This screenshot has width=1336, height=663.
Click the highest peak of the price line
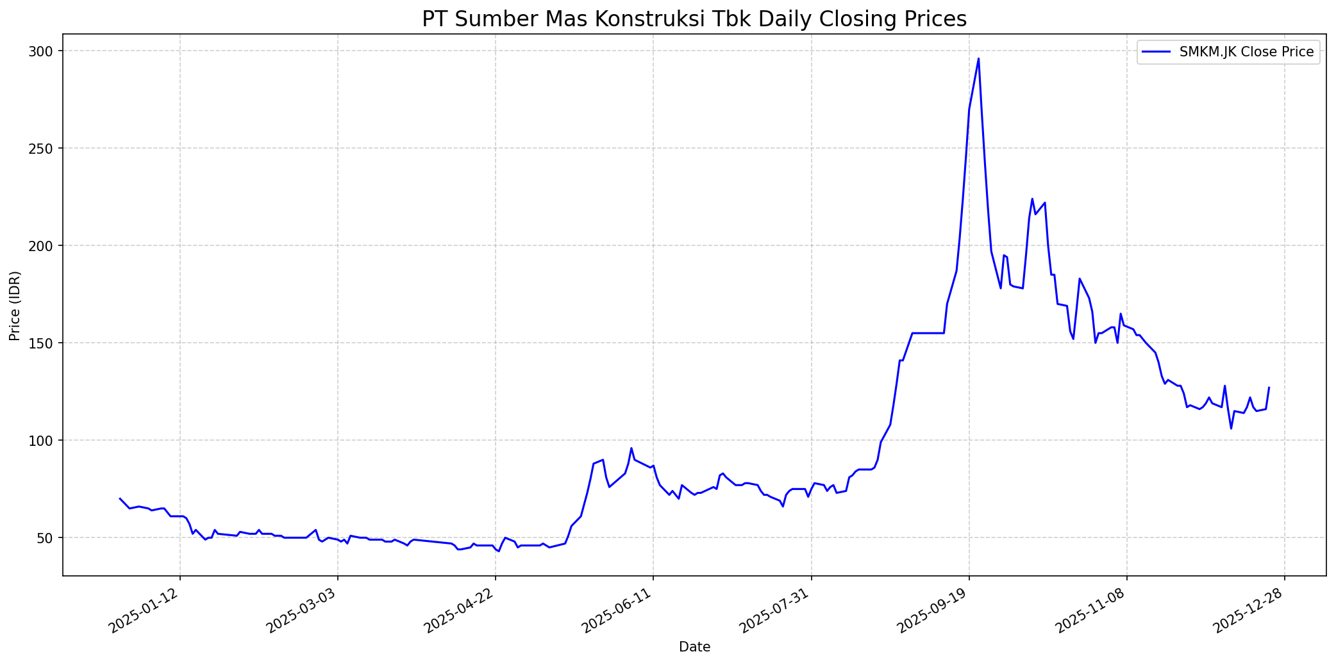(978, 59)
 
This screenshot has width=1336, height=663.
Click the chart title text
(694, 19)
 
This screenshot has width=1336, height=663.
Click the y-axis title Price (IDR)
(15, 306)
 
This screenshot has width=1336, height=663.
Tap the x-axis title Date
(694, 648)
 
